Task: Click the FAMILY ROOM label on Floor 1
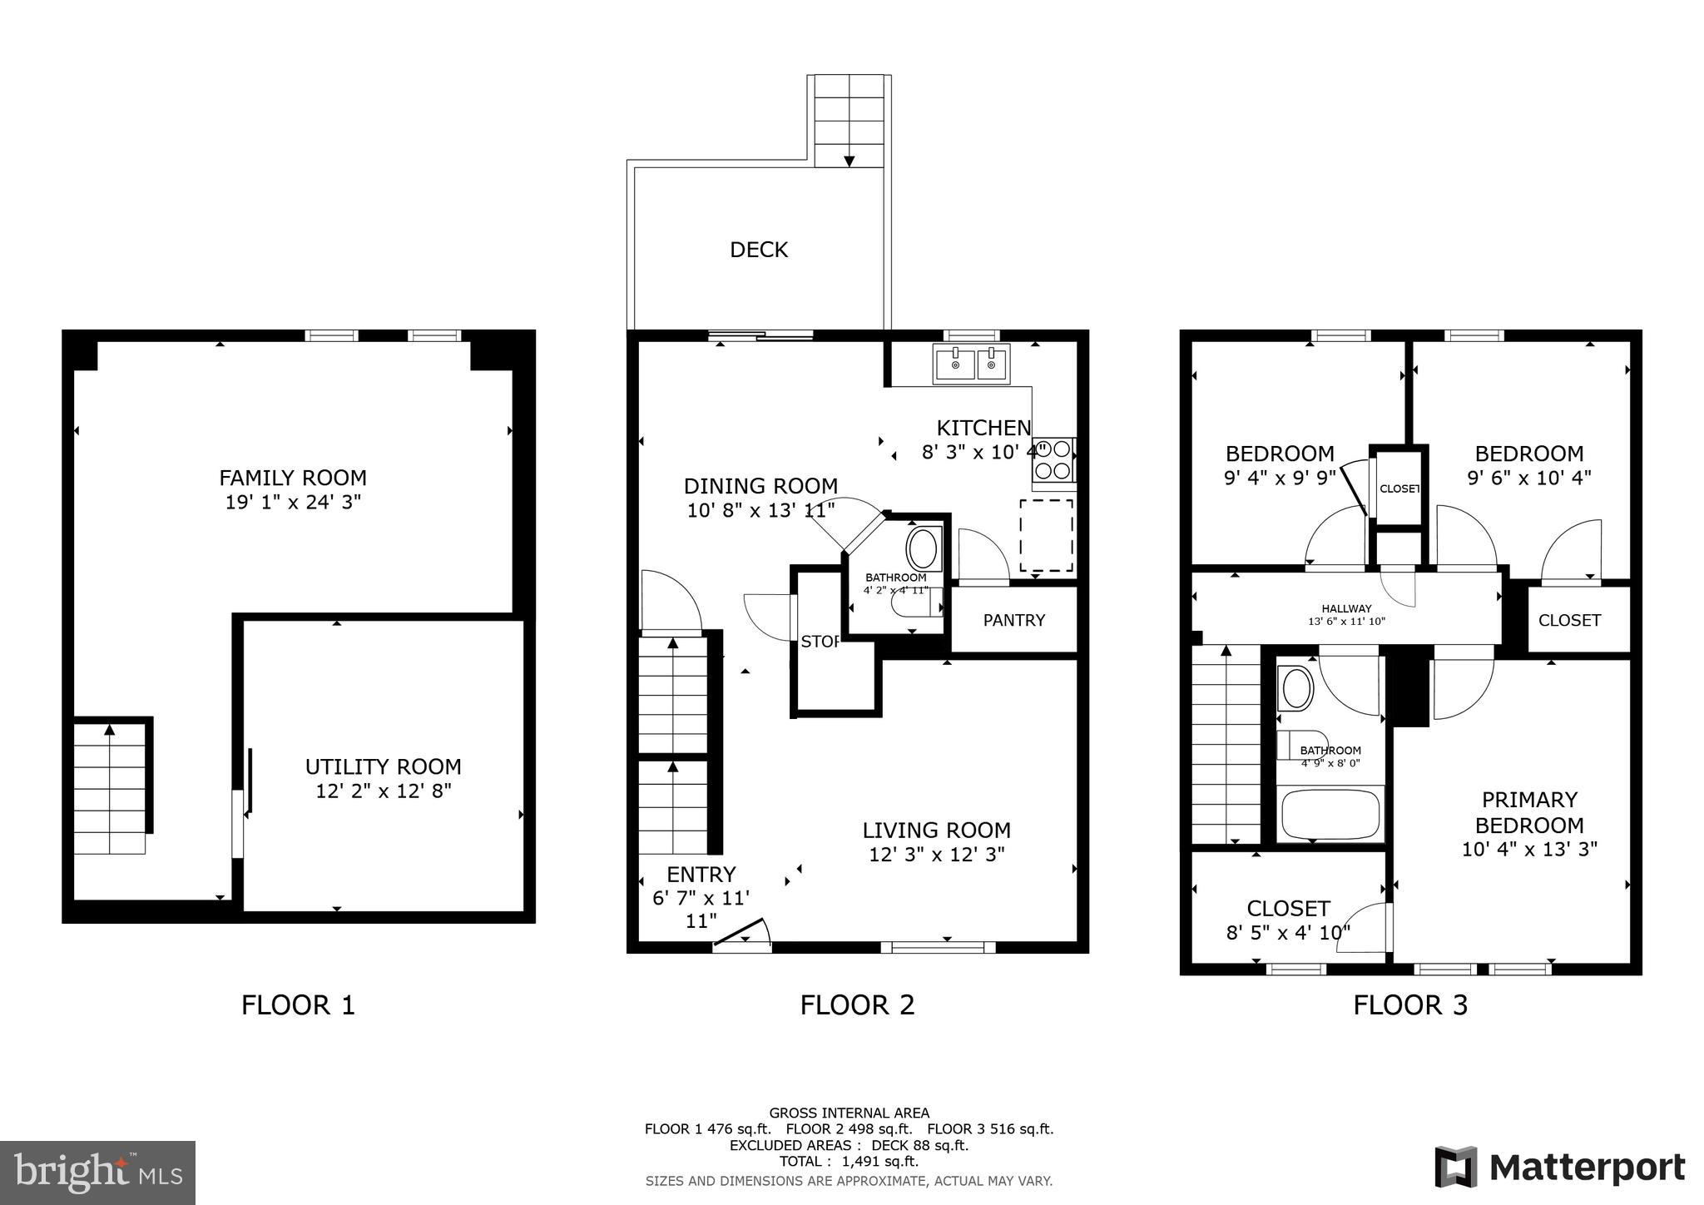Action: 292,478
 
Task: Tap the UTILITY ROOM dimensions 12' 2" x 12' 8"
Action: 383,791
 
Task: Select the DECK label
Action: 758,250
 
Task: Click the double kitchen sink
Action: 971,364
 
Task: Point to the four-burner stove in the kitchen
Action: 1052,460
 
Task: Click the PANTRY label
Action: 1013,620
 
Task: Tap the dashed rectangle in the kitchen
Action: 1046,535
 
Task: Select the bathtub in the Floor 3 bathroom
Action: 1330,814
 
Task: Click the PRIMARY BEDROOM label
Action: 1529,812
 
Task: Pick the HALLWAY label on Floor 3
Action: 1346,608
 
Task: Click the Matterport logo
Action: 1559,1167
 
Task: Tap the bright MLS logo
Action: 98,1172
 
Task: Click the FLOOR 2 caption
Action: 857,1004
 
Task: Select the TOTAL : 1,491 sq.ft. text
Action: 849,1161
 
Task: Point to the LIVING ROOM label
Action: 936,830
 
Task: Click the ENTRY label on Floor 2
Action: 701,875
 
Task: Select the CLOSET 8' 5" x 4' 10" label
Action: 1288,920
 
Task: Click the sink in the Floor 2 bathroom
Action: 922,549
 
